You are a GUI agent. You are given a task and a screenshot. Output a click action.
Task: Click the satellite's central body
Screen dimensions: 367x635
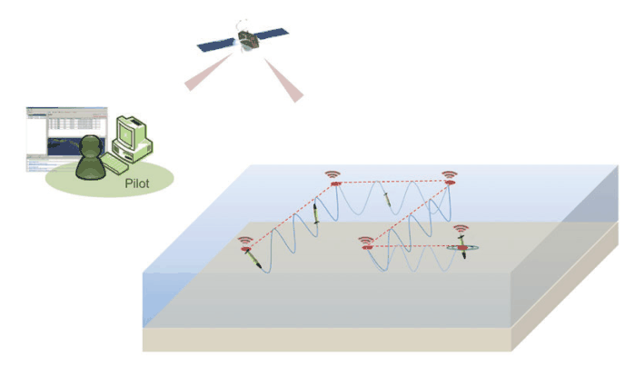[244, 39]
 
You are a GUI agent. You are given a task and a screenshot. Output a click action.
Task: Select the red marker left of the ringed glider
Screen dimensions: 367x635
[367, 245]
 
